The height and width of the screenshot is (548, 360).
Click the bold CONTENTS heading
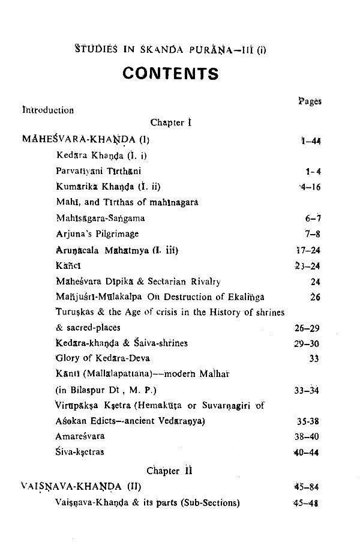[170, 73]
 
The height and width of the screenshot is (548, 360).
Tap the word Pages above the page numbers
[310, 101]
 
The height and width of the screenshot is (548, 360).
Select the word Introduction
[48, 110]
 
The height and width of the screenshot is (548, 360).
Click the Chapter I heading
[170, 123]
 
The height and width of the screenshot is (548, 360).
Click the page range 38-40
[309, 437]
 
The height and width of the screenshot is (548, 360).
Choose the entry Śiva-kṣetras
[80, 453]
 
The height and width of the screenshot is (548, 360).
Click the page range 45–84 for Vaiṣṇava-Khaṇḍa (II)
[306, 486]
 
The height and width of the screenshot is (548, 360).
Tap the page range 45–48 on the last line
[306, 502]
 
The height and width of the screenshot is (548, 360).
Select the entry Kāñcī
[65, 265]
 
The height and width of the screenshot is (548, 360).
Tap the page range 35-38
[309, 421]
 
